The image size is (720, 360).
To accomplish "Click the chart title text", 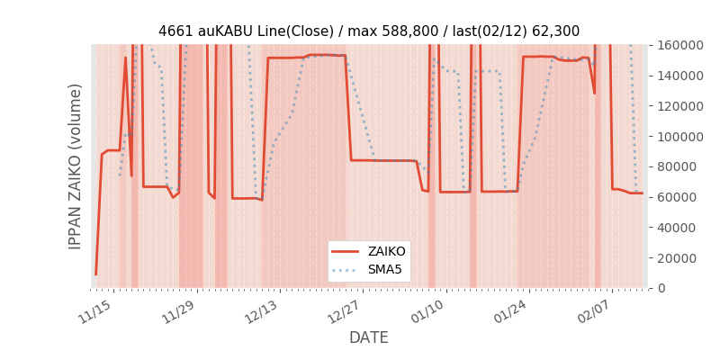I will click(x=369, y=31).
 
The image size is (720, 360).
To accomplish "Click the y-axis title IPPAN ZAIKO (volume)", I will click(x=76, y=166).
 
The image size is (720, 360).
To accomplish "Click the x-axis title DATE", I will click(x=369, y=337).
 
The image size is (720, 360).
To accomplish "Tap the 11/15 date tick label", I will click(x=94, y=311).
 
